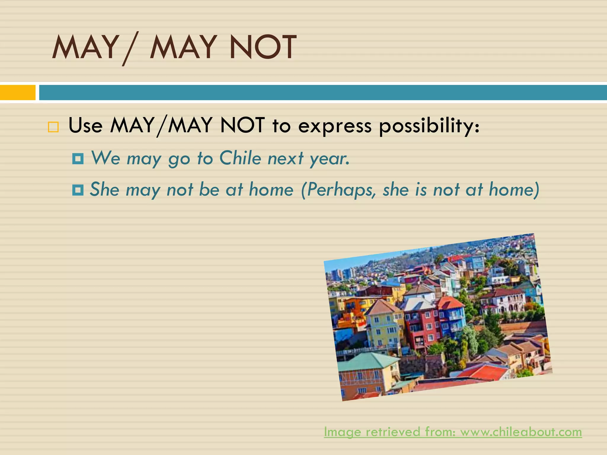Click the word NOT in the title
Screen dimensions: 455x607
point(263,47)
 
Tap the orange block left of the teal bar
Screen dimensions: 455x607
point(17,92)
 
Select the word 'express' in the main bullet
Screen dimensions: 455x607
point(335,126)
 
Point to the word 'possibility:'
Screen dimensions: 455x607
point(429,126)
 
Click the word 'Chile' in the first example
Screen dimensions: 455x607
point(240,158)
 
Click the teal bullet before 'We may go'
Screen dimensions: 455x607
point(78,159)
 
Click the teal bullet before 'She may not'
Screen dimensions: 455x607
point(78,190)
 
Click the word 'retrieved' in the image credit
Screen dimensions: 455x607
point(393,432)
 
